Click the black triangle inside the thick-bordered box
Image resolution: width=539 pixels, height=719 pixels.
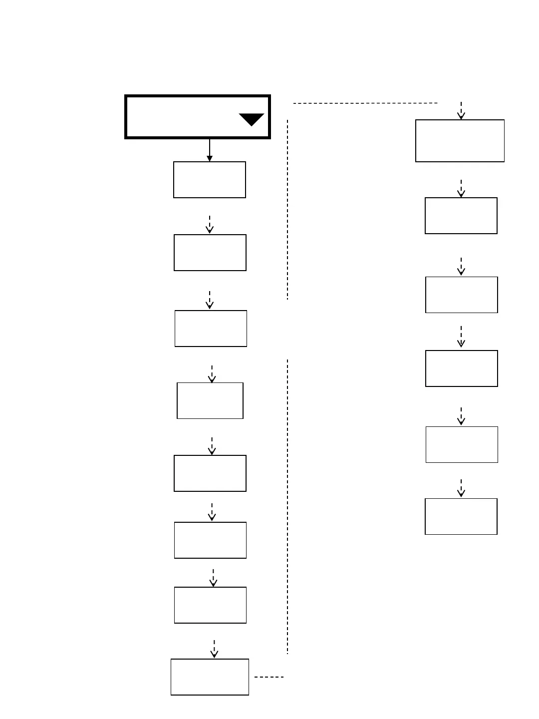(252, 119)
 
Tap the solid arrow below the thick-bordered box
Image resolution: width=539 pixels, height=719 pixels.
(210, 150)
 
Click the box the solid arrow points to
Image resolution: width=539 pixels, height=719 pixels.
(210, 180)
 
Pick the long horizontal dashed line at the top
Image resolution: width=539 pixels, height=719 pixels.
(365, 103)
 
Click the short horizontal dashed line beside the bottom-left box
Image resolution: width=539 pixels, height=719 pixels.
(269, 677)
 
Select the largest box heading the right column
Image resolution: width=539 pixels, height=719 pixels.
(460, 141)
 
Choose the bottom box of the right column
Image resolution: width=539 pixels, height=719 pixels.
(461, 516)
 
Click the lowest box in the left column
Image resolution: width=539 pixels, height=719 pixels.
(210, 677)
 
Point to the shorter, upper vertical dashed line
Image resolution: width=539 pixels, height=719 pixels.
(287, 210)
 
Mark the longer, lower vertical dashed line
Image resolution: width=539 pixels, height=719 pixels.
(287, 506)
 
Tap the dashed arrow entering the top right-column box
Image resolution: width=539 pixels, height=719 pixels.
(461, 110)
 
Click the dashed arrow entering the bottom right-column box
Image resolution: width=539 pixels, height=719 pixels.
(461, 488)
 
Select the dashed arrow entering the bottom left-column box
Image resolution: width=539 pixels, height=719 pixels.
(214, 649)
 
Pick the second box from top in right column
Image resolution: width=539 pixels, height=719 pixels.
(461, 216)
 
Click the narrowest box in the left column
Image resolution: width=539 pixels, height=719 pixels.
(210, 400)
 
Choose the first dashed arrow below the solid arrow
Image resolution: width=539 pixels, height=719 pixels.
(210, 224)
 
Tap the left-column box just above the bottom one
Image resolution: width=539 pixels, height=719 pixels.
(210, 605)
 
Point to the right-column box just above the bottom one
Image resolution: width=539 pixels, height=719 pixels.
(462, 444)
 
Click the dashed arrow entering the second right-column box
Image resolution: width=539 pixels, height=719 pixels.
(461, 188)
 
